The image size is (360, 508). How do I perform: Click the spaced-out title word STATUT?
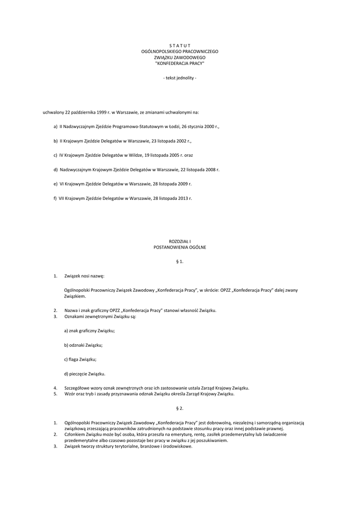click(180, 46)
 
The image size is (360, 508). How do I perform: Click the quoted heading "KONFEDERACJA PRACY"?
click(180, 63)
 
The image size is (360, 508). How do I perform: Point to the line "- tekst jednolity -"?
click(180, 78)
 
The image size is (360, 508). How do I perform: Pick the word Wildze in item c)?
click(134, 155)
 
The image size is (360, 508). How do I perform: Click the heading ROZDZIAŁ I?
click(180, 241)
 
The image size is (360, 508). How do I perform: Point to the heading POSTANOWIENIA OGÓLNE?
click(180, 247)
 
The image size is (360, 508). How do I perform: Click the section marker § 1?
click(180, 261)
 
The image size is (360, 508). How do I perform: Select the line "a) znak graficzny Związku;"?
click(90, 330)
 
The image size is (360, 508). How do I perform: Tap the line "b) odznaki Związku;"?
click(83, 345)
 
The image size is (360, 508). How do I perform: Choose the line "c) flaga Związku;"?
click(80, 359)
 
